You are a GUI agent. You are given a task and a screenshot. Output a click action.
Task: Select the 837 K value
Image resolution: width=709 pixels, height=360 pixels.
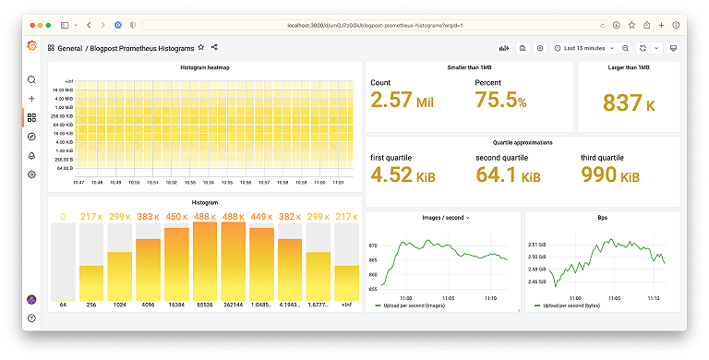click(x=629, y=103)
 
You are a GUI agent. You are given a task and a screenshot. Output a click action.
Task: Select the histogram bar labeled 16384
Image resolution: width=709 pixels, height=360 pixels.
click(x=176, y=264)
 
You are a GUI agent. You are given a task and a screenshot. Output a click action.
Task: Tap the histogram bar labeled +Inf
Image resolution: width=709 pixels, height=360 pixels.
click(x=346, y=282)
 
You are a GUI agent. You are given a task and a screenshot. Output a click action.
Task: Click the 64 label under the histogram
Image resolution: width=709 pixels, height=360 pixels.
click(x=63, y=304)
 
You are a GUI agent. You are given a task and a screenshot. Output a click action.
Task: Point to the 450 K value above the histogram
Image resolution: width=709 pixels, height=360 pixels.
click(x=176, y=217)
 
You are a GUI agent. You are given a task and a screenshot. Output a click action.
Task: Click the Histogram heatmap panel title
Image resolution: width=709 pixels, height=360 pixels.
click(x=204, y=68)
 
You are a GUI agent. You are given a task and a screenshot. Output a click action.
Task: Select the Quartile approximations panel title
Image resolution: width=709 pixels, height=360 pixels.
click(x=522, y=143)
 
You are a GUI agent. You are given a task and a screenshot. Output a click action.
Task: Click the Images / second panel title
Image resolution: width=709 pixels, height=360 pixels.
click(x=444, y=218)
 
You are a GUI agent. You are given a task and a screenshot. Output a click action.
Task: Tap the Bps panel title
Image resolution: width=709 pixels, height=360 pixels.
click(x=602, y=218)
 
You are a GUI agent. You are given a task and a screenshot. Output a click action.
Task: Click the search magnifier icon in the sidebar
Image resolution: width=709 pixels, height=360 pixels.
click(x=31, y=80)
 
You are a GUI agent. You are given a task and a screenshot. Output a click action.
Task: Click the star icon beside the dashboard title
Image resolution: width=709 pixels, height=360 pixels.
click(x=200, y=47)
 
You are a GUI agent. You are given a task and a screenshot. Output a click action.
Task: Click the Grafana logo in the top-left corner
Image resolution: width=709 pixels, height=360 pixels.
click(x=31, y=48)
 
